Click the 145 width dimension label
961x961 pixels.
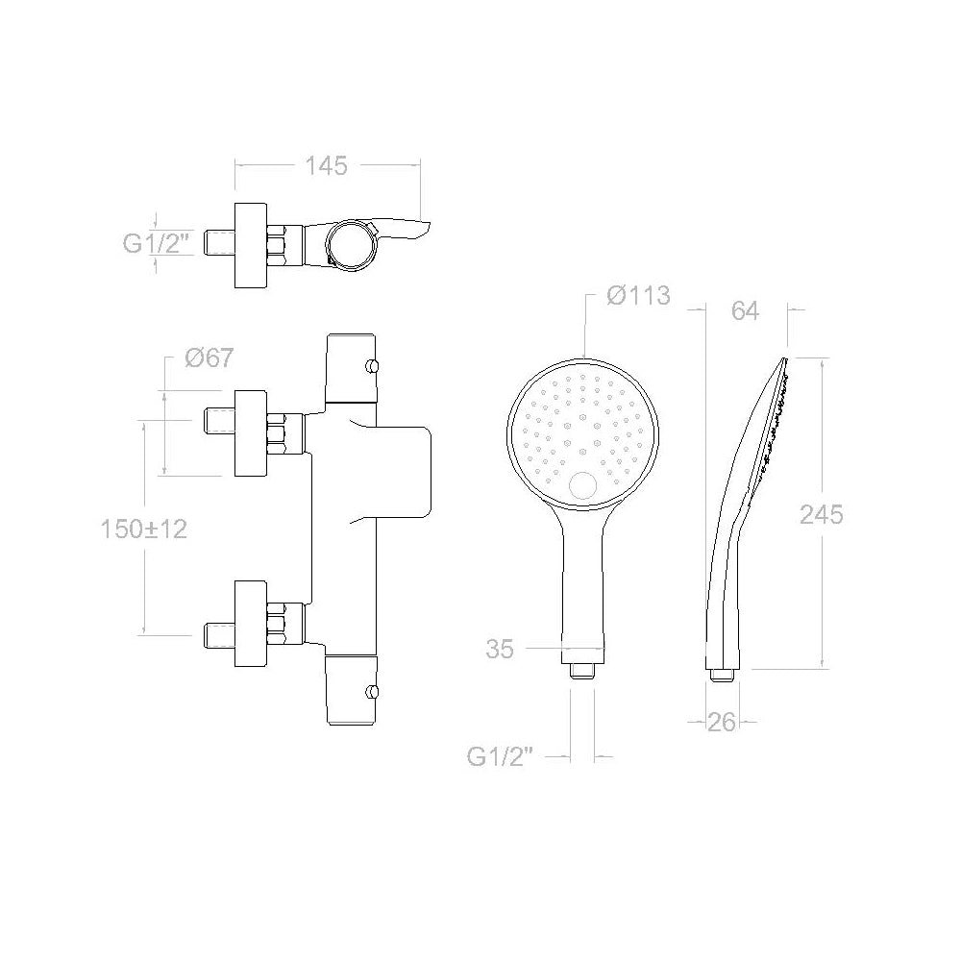pyautogui.click(x=326, y=166)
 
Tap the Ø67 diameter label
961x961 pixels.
pyautogui.click(x=209, y=357)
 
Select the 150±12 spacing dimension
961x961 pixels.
pyautogui.click(x=144, y=529)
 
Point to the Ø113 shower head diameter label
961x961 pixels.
pyautogui.click(x=638, y=295)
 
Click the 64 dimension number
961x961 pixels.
pyautogui.click(x=745, y=311)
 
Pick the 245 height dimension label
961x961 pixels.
pyautogui.click(x=822, y=515)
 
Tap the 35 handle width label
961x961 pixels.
pyautogui.click(x=500, y=649)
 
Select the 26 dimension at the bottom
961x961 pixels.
pyautogui.click(x=722, y=723)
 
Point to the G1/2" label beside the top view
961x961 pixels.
pyautogui.click(x=155, y=243)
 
